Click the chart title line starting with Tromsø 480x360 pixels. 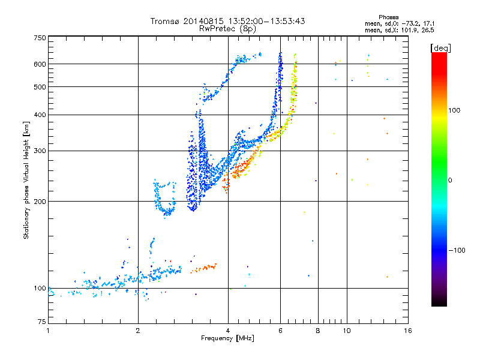228,21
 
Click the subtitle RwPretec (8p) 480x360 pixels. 228,28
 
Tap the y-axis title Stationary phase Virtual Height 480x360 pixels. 26,180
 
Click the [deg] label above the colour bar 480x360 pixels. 441,47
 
